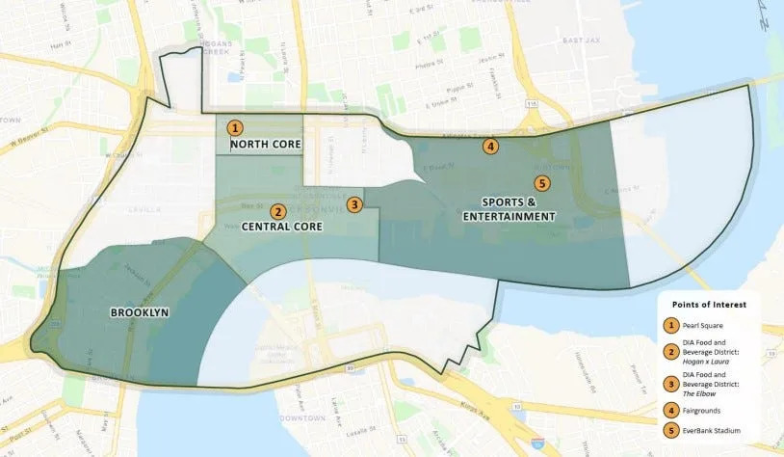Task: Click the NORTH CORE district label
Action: point(266,145)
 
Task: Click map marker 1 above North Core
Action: point(236,127)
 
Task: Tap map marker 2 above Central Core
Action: point(277,211)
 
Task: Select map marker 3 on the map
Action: point(354,204)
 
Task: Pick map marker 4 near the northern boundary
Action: point(490,147)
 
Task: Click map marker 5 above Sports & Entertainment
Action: point(541,183)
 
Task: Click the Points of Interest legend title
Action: point(710,304)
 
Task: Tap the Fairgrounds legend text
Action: point(709,408)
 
